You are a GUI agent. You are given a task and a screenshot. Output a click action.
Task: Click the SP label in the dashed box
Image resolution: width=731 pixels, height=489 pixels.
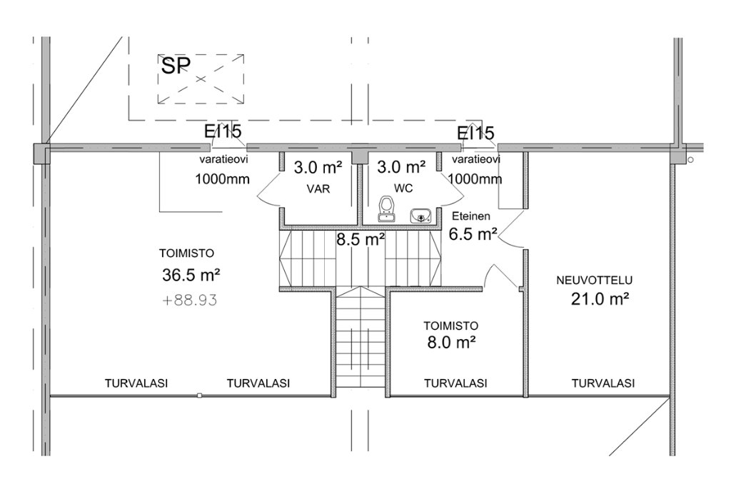(x=176, y=65)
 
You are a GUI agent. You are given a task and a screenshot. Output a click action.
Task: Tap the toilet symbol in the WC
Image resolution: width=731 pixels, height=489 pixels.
(x=385, y=209)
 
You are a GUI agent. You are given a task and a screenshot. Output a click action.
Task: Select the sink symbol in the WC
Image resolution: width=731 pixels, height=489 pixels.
(x=421, y=216)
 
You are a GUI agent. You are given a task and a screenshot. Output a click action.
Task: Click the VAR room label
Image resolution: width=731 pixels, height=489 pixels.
(x=318, y=188)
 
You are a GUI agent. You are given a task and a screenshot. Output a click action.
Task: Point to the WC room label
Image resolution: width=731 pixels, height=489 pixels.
(x=403, y=188)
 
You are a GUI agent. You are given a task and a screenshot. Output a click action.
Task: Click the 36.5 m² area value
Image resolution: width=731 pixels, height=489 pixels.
(x=191, y=275)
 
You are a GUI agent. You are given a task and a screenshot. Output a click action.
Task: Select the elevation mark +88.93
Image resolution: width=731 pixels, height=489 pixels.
(x=190, y=301)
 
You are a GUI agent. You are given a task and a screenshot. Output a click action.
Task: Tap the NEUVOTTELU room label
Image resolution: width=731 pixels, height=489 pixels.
(x=595, y=280)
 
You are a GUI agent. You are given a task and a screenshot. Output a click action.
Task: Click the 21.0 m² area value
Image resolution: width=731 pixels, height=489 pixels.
(x=600, y=299)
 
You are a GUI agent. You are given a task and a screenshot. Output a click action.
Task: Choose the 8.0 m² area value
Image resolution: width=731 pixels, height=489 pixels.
(x=451, y=343)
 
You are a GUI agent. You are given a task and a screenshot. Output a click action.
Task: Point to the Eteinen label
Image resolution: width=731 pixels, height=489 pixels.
(x=471, y=216)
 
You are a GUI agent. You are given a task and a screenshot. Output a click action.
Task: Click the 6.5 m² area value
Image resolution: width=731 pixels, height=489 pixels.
(x=473, y=233)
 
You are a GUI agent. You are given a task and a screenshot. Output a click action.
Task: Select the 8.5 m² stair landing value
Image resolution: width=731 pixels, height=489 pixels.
(x=361, y=240)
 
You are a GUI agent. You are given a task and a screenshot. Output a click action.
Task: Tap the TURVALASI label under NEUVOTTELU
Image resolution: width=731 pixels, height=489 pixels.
(x=603, y=383)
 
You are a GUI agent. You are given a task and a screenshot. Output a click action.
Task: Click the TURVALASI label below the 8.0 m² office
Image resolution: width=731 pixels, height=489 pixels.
(x=455, y=383)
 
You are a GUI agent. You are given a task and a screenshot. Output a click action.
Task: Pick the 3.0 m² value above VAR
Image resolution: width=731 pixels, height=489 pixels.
(x=318, y=167)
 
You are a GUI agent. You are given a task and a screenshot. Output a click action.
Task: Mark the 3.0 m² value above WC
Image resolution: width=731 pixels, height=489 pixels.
(x=401, y=167)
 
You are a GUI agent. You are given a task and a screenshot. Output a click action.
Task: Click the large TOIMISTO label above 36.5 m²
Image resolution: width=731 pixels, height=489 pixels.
(x=187, y=253)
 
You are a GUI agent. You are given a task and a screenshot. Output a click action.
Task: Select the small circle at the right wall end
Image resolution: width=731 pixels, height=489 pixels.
(x=690, y=160)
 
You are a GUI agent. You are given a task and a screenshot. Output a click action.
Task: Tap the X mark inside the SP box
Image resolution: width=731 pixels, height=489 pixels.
(x=201, y=79)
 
